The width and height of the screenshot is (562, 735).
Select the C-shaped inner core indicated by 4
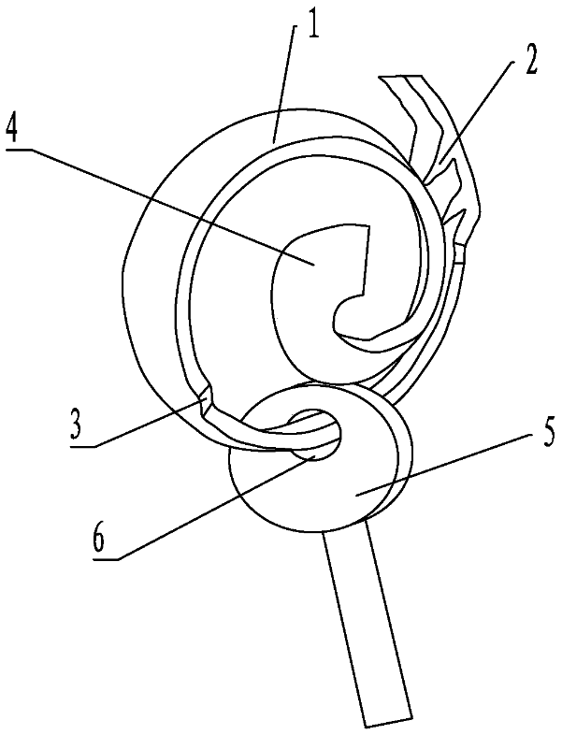coord(299,281)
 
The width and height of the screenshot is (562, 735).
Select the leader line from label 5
coord(449,461)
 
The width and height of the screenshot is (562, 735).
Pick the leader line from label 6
coord(206,505)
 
